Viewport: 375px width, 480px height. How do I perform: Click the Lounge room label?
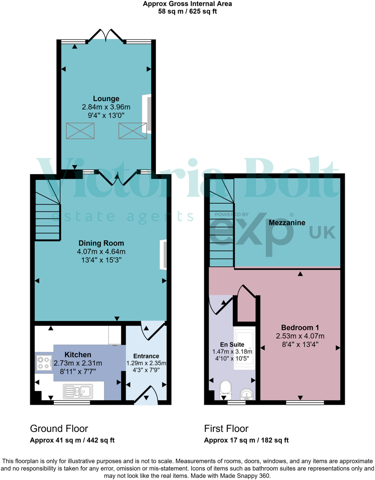[106, 99]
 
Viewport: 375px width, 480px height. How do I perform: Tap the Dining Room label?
[101, 243]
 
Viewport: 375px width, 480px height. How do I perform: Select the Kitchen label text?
[78, 355]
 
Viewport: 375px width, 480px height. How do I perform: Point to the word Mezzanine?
[287, 223]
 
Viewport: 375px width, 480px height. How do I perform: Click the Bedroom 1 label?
[300, 328]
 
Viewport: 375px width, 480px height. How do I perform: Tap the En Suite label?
[232, 345]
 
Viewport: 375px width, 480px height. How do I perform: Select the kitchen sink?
[78, 391]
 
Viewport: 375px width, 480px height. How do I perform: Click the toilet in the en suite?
[225, 390]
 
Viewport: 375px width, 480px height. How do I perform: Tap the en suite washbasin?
[247, 394]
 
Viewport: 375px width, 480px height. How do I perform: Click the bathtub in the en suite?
[244, 348]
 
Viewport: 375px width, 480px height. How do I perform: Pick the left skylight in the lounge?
[80, 131]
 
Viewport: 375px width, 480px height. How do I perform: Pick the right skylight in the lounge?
[132, 131]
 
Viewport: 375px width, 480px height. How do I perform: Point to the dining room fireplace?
[163, 255]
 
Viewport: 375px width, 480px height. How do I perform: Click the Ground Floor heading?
[59, 428]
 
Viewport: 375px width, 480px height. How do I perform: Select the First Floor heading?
[226, 428]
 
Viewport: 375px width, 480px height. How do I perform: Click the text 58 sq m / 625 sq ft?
[187, 11]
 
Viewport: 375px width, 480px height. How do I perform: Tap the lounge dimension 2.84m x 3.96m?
[106, 107]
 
